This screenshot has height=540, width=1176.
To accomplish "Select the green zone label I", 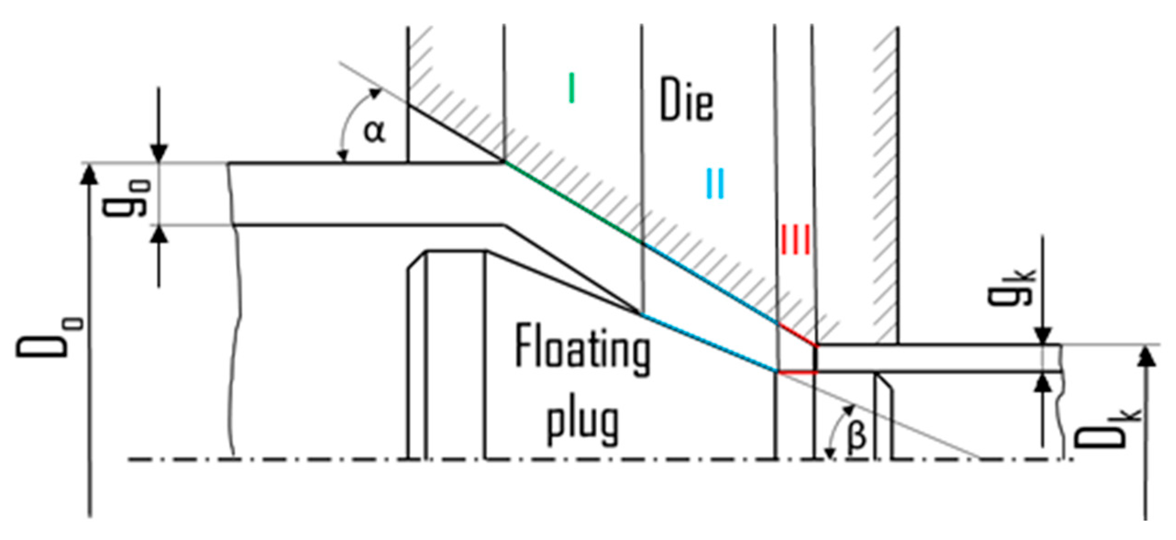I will (x=571, y=88).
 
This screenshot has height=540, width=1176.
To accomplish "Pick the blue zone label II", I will (x=715, y=183).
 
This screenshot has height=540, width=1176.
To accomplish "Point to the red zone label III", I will (x=795, y=239).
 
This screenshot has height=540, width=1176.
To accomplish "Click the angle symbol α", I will (x=375, y=132).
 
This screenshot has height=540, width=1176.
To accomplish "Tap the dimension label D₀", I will (x=50, y=337).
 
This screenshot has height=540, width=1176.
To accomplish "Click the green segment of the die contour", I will (x=573, y=202).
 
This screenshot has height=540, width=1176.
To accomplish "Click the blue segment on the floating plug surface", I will (x=708, y=342).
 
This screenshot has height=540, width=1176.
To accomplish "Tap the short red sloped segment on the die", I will (x=798, y=334).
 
